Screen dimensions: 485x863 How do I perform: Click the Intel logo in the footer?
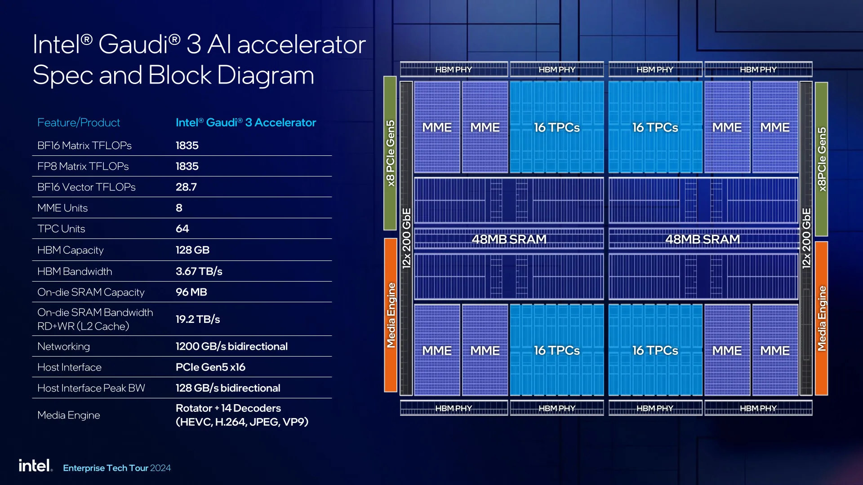(x=35, y=466)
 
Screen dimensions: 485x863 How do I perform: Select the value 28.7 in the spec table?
(x=186, y=187)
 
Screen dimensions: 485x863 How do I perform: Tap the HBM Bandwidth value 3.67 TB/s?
(x=199, y=271)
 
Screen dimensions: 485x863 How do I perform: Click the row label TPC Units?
(x=61, y=229)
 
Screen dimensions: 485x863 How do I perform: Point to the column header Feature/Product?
(x=79, y=123)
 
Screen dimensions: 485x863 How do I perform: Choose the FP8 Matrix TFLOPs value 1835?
(x=187, y=166)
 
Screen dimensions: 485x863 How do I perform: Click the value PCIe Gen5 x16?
(x=210, y=367)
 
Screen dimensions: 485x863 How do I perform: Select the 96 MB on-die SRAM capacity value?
(x=191, y=292)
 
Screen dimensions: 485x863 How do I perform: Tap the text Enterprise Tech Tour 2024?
(x=117, y=468)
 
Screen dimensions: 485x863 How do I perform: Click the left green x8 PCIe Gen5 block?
(x=390, y=153)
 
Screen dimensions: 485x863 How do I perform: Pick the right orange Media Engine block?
(x=821, y=318)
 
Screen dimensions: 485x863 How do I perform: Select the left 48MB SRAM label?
(x=509, y=239)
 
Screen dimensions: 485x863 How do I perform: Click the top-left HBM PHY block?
(x=454, y=70)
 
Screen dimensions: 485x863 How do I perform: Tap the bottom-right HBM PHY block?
(x=758, y=408)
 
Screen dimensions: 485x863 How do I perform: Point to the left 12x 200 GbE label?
(x=406, y=238)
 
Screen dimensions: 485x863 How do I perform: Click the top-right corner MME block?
(x=775, y=128)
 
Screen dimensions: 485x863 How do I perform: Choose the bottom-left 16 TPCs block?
(x=556, y=350)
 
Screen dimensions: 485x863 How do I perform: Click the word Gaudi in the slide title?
(x=133, y=44)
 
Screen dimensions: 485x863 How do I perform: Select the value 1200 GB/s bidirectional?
(x=231, y=346)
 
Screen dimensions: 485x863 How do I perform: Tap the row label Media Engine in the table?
(x=69, y=415)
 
